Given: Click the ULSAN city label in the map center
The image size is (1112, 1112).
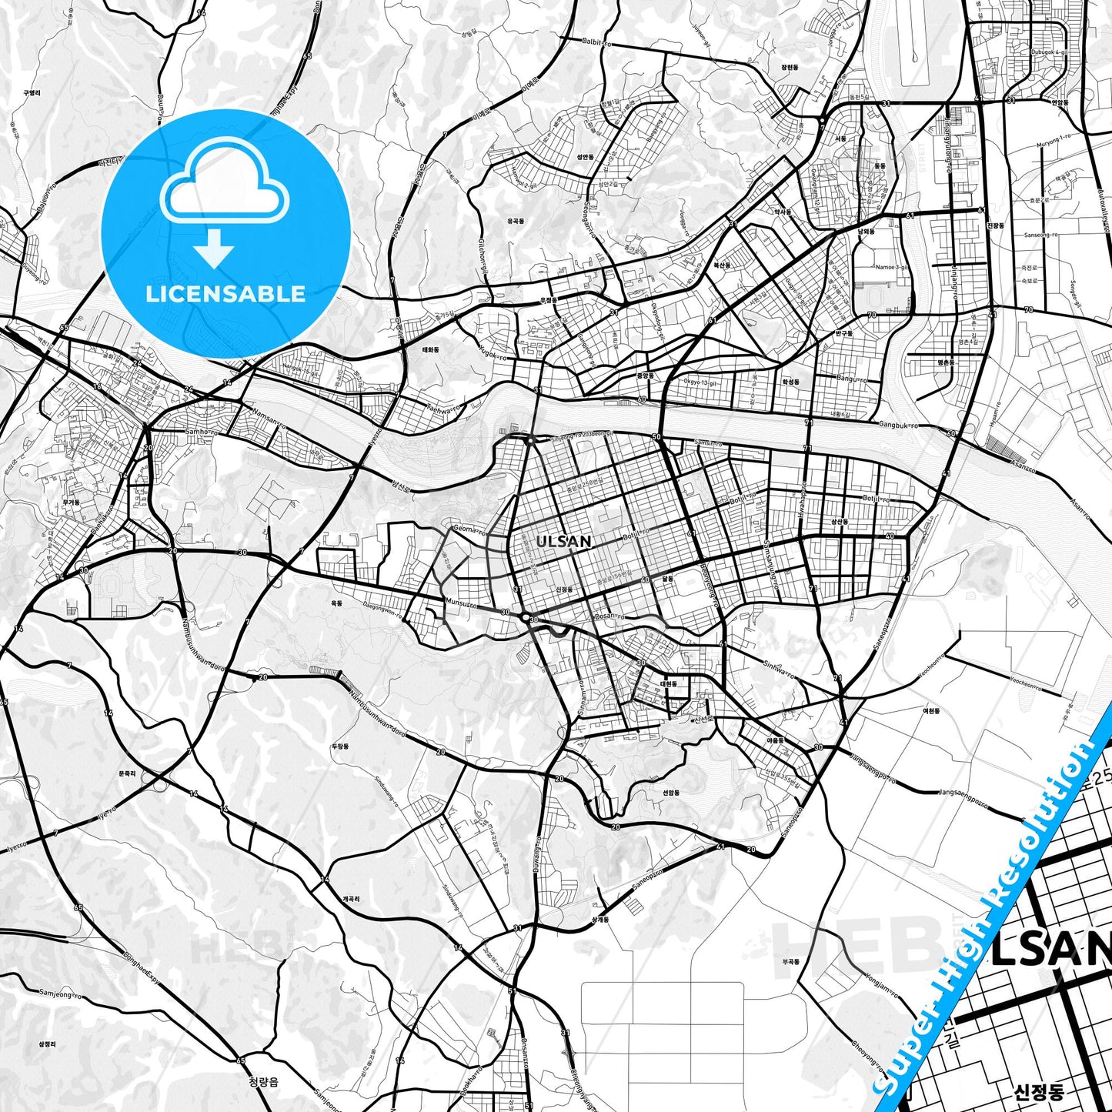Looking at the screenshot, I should click(564, 541).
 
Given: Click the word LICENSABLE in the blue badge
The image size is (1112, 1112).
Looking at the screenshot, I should click(225, 293).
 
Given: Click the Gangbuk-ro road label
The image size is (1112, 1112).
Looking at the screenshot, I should click(896, 425).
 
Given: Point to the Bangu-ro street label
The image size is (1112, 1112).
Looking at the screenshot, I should click(850, 379).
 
